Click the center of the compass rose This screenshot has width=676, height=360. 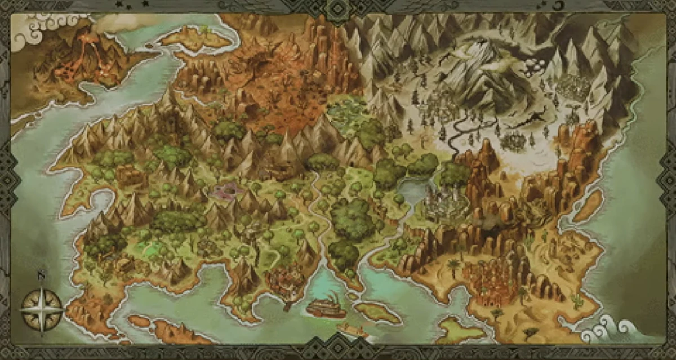tap(41, 309)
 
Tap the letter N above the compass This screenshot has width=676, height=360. tap(41, 276)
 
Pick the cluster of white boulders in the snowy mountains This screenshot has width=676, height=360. tap(532, 68)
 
